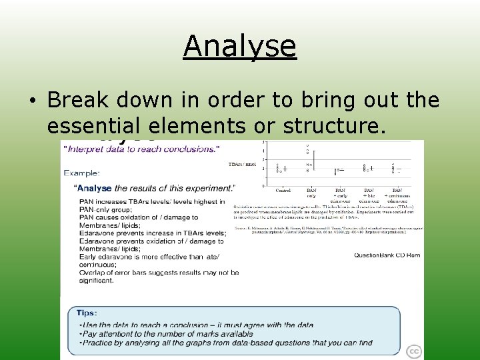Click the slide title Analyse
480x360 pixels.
239,46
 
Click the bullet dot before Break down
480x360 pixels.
32,101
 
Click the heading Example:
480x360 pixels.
82,173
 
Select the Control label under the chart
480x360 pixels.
283,191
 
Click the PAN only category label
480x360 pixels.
311,193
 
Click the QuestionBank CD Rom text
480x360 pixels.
387,255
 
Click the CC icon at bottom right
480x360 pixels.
414,351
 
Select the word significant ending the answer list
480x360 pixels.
96,281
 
